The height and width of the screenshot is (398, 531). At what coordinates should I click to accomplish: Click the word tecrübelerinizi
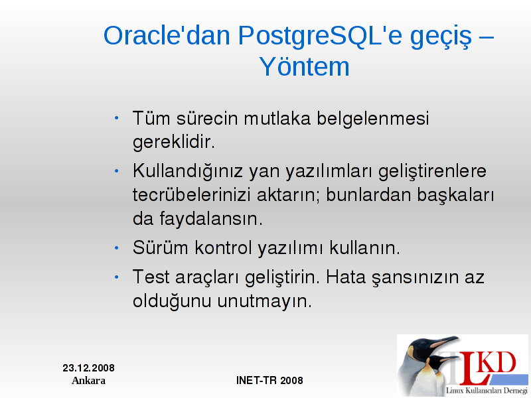(x=191, y=194)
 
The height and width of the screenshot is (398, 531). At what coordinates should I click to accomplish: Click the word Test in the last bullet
(x=151, y=277)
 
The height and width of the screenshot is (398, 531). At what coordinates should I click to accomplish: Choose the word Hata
(x=346, y=277)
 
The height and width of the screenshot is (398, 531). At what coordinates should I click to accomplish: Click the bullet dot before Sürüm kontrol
(x=117, y=248)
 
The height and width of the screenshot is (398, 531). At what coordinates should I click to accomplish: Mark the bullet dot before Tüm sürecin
(x=117, y=118)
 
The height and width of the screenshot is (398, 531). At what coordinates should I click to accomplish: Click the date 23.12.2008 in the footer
(x=89, y=368)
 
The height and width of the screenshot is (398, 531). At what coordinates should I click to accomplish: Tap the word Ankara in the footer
(x=89, y=380)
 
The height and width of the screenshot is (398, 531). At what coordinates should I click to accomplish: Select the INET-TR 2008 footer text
(x=269, y=380)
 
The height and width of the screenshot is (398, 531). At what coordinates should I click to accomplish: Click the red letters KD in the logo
(x=497, y=362)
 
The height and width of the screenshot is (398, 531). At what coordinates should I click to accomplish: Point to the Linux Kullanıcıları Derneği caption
(x=487, y=390)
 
